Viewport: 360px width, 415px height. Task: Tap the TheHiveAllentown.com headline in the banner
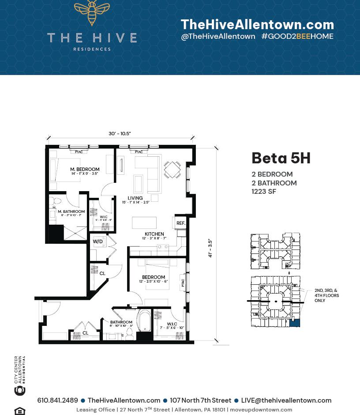(x=257, y=24)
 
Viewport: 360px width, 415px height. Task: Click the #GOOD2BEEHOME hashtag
(x=297, y=37)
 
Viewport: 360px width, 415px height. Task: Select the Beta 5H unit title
(x=281, y=158)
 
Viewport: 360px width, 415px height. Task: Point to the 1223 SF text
(x=264, y=192)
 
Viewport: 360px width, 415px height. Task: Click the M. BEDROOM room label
(x=85, y=170)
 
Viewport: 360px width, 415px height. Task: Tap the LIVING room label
(x=135, y=198)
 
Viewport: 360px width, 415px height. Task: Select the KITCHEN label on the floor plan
(x=154, y=234)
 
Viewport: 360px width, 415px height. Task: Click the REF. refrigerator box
(x=181, y=223)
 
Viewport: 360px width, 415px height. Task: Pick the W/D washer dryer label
(x=97, y=241)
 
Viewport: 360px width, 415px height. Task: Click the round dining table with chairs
(x=172, y=169)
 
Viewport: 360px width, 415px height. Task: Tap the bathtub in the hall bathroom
(x=144, y=321)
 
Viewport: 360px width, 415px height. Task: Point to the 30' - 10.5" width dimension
(x=120, y=134)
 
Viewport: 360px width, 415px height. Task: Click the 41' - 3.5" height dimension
(x=210, y=248)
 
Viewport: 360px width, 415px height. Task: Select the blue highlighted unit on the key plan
(x=294, y=323)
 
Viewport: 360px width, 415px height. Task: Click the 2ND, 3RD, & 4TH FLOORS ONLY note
(x=326, y=295)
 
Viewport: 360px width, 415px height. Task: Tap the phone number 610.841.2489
(x=57, y=400)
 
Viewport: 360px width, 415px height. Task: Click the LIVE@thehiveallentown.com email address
(x=286, y=400)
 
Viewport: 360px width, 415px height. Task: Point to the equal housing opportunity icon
(x=20, y=411)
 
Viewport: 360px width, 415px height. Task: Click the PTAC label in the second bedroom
(x=183, y=282)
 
